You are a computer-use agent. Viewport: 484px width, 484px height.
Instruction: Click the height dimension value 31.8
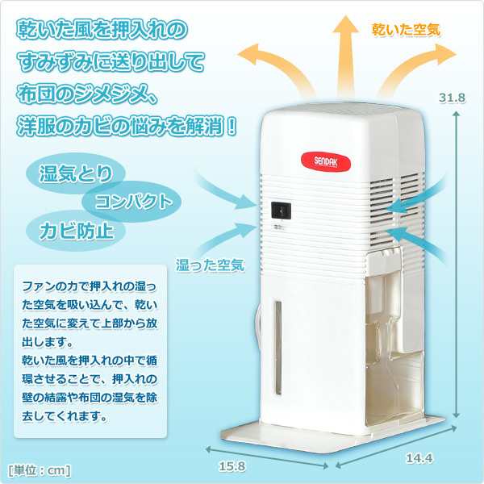453,98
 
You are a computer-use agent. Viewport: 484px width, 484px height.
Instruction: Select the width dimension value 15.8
232,465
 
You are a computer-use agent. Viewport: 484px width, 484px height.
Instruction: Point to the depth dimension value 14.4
419,458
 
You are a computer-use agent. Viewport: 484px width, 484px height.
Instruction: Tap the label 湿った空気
211,265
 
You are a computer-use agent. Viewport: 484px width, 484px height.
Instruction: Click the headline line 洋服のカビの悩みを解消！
127,126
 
